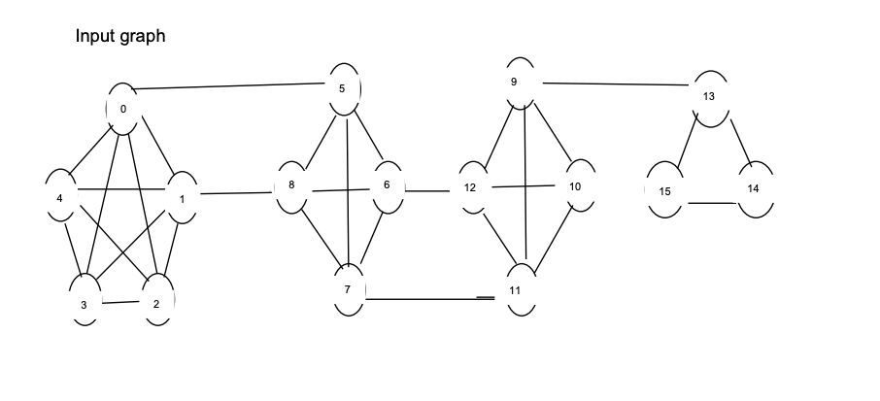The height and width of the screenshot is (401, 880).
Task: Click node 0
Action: tap(122, 109)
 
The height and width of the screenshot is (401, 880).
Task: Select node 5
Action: tap(342, 88)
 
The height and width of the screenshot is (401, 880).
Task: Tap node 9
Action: tap(514, 82)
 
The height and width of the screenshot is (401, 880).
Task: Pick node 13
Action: tap(708, 96)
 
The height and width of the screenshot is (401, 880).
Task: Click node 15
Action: tap(664, 190)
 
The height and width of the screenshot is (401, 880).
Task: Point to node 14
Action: tap(753, 186)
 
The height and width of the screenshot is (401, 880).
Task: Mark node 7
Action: tap(347, 290)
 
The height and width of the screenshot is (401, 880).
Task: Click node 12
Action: tap(470, 186)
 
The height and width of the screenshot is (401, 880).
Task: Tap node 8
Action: tap(291, 184)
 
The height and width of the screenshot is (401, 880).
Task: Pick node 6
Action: tap(387, 184)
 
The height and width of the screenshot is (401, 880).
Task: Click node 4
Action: tap(60, 197)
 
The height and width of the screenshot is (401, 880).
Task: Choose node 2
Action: tap(156, 302)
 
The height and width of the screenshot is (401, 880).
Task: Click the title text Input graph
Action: tap(120, 37)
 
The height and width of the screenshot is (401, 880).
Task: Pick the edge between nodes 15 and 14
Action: tap(711, 203)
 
